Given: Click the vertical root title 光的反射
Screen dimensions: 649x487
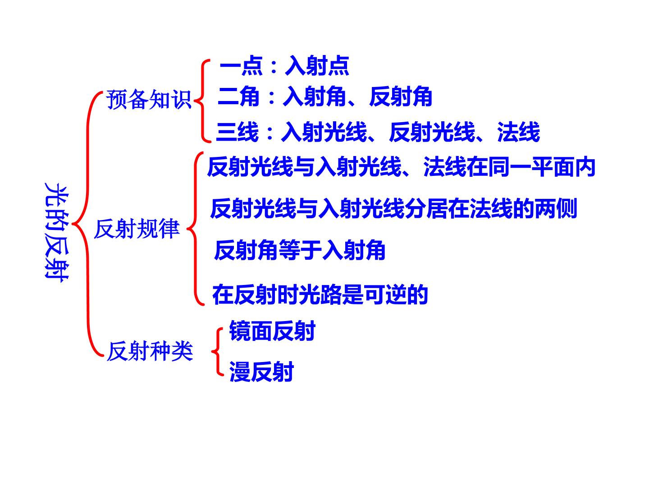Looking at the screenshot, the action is coord(56,232).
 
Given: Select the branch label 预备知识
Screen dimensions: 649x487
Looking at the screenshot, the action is coord(149,99).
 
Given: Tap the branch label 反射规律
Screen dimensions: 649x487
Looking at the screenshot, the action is coord(137,229).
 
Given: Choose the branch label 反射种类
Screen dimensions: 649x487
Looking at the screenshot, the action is coord(150,351).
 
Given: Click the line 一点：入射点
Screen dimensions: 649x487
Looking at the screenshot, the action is coord(284,66).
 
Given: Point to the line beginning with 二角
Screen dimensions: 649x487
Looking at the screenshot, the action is coord(324,96).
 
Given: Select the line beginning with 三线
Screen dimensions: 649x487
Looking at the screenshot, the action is coord(378,132).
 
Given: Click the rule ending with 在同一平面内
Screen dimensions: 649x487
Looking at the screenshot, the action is coord(401,167).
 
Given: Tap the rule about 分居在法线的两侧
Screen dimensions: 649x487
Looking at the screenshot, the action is coord(393,208).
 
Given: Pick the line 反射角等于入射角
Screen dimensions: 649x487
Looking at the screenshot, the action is coord(300,250).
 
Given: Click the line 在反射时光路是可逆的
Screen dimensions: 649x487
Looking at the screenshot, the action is coord(320,294).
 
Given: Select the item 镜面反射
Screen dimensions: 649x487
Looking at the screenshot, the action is coord(272,331).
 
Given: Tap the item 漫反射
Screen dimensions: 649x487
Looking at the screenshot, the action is coord(261,372).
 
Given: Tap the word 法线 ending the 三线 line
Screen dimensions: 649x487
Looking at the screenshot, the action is coord(519,132).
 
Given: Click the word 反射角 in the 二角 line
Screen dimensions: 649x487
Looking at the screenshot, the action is coord(401,96).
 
